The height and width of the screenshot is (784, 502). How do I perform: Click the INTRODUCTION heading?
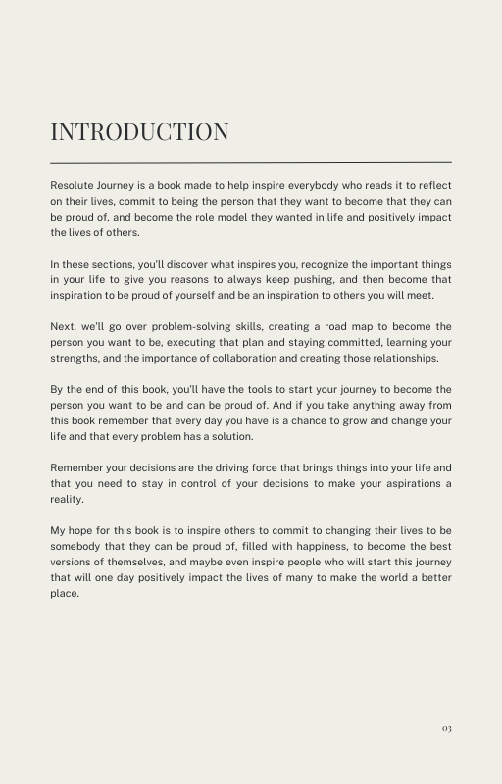point(139,132)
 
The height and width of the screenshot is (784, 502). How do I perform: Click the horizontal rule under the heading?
point(251,162)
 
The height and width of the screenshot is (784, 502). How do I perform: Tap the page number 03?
point(446,728)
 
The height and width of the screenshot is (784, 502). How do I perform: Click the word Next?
point(64,326)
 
